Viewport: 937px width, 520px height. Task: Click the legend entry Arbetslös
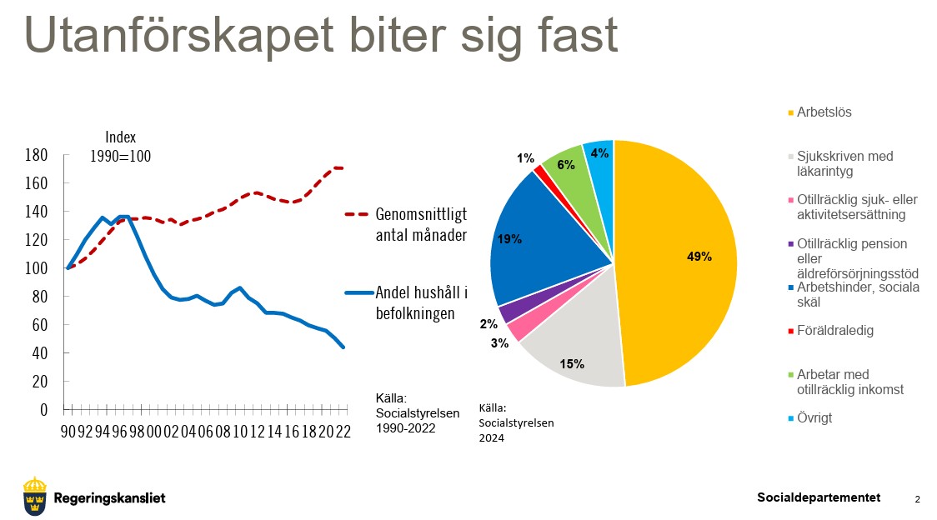824,112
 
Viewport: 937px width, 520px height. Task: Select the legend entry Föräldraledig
834,331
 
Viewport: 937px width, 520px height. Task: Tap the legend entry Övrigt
814,418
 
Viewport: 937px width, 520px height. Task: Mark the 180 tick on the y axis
36,155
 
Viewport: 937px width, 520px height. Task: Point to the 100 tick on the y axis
36,268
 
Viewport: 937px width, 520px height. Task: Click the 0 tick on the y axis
43,410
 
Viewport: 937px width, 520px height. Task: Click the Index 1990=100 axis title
120,147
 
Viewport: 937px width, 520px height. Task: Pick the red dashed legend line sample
356,214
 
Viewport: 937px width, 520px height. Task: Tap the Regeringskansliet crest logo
35,497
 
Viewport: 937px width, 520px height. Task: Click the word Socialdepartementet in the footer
819,497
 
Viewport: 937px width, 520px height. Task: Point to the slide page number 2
917,499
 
